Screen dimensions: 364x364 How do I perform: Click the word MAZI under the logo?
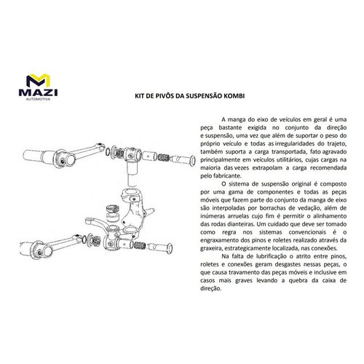(x=38, y=93)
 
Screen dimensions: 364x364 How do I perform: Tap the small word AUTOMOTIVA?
(x=38, y=99)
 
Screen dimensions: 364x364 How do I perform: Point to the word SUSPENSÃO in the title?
(x=204, y=96)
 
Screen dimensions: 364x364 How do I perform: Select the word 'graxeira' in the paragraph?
(x=210, y=248)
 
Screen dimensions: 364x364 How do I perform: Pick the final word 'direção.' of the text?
(x=211, y=289)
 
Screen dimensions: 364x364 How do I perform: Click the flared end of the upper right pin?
(x=192, y=160)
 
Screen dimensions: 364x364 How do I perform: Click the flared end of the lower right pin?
(x=170, y=248)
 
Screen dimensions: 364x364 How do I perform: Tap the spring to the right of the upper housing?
(x=163, y=158)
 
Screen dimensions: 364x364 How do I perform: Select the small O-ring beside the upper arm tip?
(x=108, y=152)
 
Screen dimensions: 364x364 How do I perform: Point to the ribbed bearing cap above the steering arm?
(x=113, y=209)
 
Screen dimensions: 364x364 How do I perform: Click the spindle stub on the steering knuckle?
(x=150, y=212)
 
